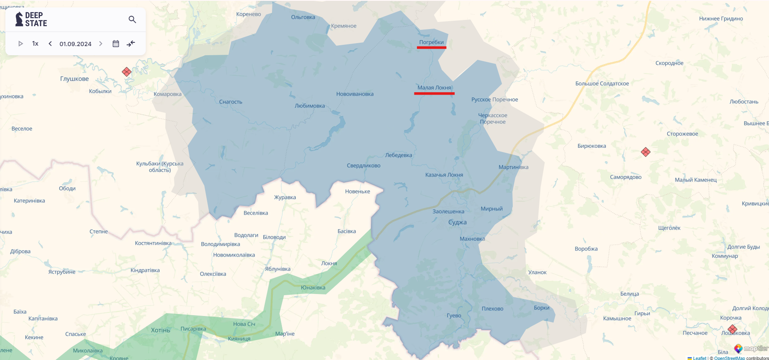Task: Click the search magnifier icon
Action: click(132, 20)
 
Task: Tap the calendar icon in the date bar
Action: click(116, 44)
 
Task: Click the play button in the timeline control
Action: click(20, 44)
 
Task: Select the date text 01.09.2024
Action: click(75, 44)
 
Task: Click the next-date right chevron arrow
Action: click(100, 44)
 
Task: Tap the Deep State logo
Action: click(31, 20)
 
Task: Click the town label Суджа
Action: click(457, 222)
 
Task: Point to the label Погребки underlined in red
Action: click(431, 42)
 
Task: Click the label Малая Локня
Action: click(434, 88)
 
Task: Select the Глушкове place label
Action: click(74, 79)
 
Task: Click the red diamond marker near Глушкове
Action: click(127, 72)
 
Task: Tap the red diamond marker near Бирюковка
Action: click(645, 152)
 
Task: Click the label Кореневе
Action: click(248, 14)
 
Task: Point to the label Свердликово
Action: click(363, 166)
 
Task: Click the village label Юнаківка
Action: click(313, 288)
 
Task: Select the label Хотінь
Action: click(160, 330)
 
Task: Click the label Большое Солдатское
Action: click(602, 83)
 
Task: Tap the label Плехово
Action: click(492, 309)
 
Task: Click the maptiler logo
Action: click(751, 349)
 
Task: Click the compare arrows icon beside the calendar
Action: click(131, 44)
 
